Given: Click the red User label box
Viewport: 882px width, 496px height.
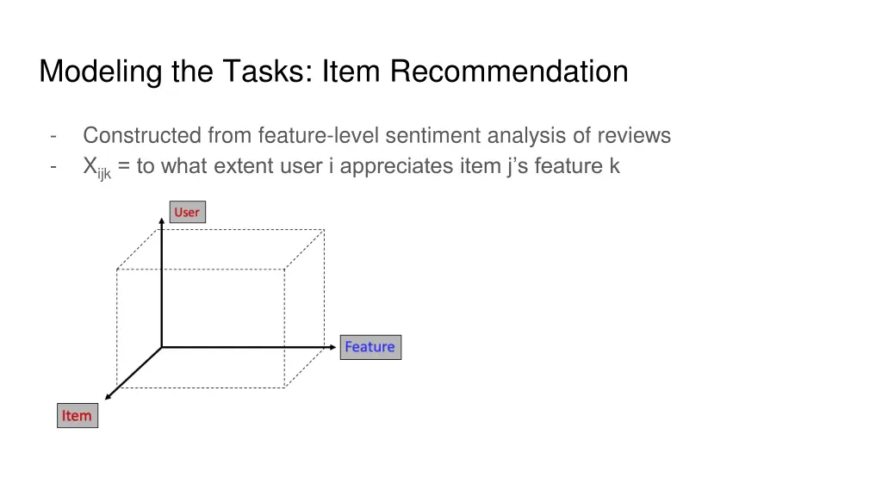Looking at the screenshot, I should pos(187,212).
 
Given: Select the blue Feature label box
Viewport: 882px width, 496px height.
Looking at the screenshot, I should pos(370,347).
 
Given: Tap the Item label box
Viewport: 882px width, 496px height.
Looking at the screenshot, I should pos(77,416).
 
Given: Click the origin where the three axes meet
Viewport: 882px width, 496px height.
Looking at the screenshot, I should pos(162,347).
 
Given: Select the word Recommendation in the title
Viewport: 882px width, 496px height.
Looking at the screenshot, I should pos(509,71).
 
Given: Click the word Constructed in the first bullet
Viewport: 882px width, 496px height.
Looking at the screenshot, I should pos(142,135).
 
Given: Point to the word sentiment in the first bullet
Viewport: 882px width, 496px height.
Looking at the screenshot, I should pos(433,135).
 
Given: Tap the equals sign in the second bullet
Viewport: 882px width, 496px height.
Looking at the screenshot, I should pos(125,167).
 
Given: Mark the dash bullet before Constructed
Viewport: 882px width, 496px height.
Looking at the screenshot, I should pos(54,135).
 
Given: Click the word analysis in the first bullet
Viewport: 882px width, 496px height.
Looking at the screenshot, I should pos(525,135).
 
